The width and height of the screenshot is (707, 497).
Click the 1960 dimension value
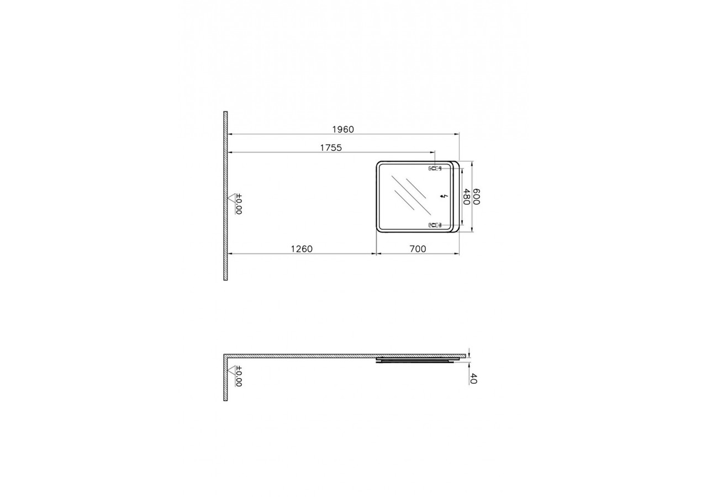pyautogui.click(x=343, y=129)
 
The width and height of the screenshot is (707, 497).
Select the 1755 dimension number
pyautogui.click(x=331, y=147)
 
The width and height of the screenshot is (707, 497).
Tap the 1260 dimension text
pyautogui.click(x=302, y=249)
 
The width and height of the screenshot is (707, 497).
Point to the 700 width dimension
pyautogui.click(x=418, y=249)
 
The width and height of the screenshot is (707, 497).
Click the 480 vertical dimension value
pyautogui.click(x=467, y=197)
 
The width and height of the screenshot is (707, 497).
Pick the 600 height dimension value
pyautogui.click(x=476, y=197)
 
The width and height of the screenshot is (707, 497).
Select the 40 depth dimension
pyautogui.click(x=473, y=378)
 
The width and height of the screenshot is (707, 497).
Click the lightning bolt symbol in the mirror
pyautogui.click(x=445, y=197)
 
